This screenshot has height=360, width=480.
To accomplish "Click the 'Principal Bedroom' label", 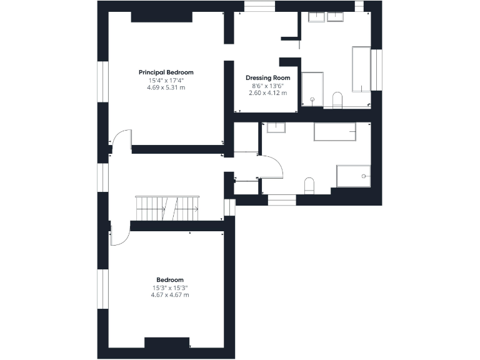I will [x=166, y=72].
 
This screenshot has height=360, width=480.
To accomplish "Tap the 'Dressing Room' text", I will [x=267, y=78].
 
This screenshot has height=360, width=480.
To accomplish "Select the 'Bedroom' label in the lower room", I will [x=170, y=279].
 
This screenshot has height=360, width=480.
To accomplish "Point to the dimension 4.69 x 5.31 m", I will [x=166, y=87].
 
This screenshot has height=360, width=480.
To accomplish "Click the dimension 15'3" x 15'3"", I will [x=170, y=287].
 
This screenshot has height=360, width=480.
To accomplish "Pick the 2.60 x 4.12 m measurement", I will [x=267, y=93].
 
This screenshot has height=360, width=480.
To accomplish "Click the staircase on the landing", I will [x=167, y=207].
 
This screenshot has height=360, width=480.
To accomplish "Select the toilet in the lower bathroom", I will [x=308, y=186].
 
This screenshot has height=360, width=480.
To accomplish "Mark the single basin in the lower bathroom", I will [x=276, y=127].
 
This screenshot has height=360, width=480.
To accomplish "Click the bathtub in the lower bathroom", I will [x=335, y=132].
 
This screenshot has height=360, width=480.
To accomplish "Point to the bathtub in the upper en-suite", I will [x=361, y=69].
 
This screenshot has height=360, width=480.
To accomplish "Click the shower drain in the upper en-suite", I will [x=312, y=99].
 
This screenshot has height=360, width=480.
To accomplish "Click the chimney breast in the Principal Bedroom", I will [x=161, y=17].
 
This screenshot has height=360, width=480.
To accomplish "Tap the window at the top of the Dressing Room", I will [x=259, y=6].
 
